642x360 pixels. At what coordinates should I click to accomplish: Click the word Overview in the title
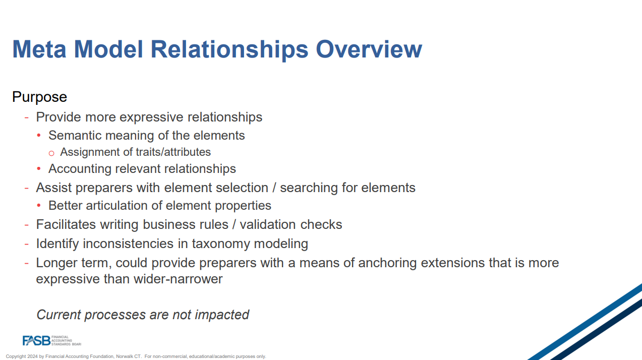[369, 49]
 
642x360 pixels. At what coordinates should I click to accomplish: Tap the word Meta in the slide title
[39, 49]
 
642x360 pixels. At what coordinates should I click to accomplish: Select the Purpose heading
[39, 97]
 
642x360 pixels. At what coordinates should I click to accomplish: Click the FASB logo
[52, 340]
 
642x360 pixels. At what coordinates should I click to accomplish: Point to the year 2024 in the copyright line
[33, 356]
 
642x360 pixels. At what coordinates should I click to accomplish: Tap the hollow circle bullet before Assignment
[51, 153]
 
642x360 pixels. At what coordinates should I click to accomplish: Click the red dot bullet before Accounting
[39, 168]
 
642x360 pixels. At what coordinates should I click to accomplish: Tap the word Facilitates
[66, 224]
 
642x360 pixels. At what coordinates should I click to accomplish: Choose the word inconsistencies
[128, 244]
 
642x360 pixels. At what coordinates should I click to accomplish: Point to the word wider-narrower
[178, 279]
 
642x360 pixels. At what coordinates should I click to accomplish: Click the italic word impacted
[222, 315]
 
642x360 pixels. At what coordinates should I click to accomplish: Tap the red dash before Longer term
[27, 263]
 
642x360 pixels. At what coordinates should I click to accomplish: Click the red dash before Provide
[27, 117]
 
